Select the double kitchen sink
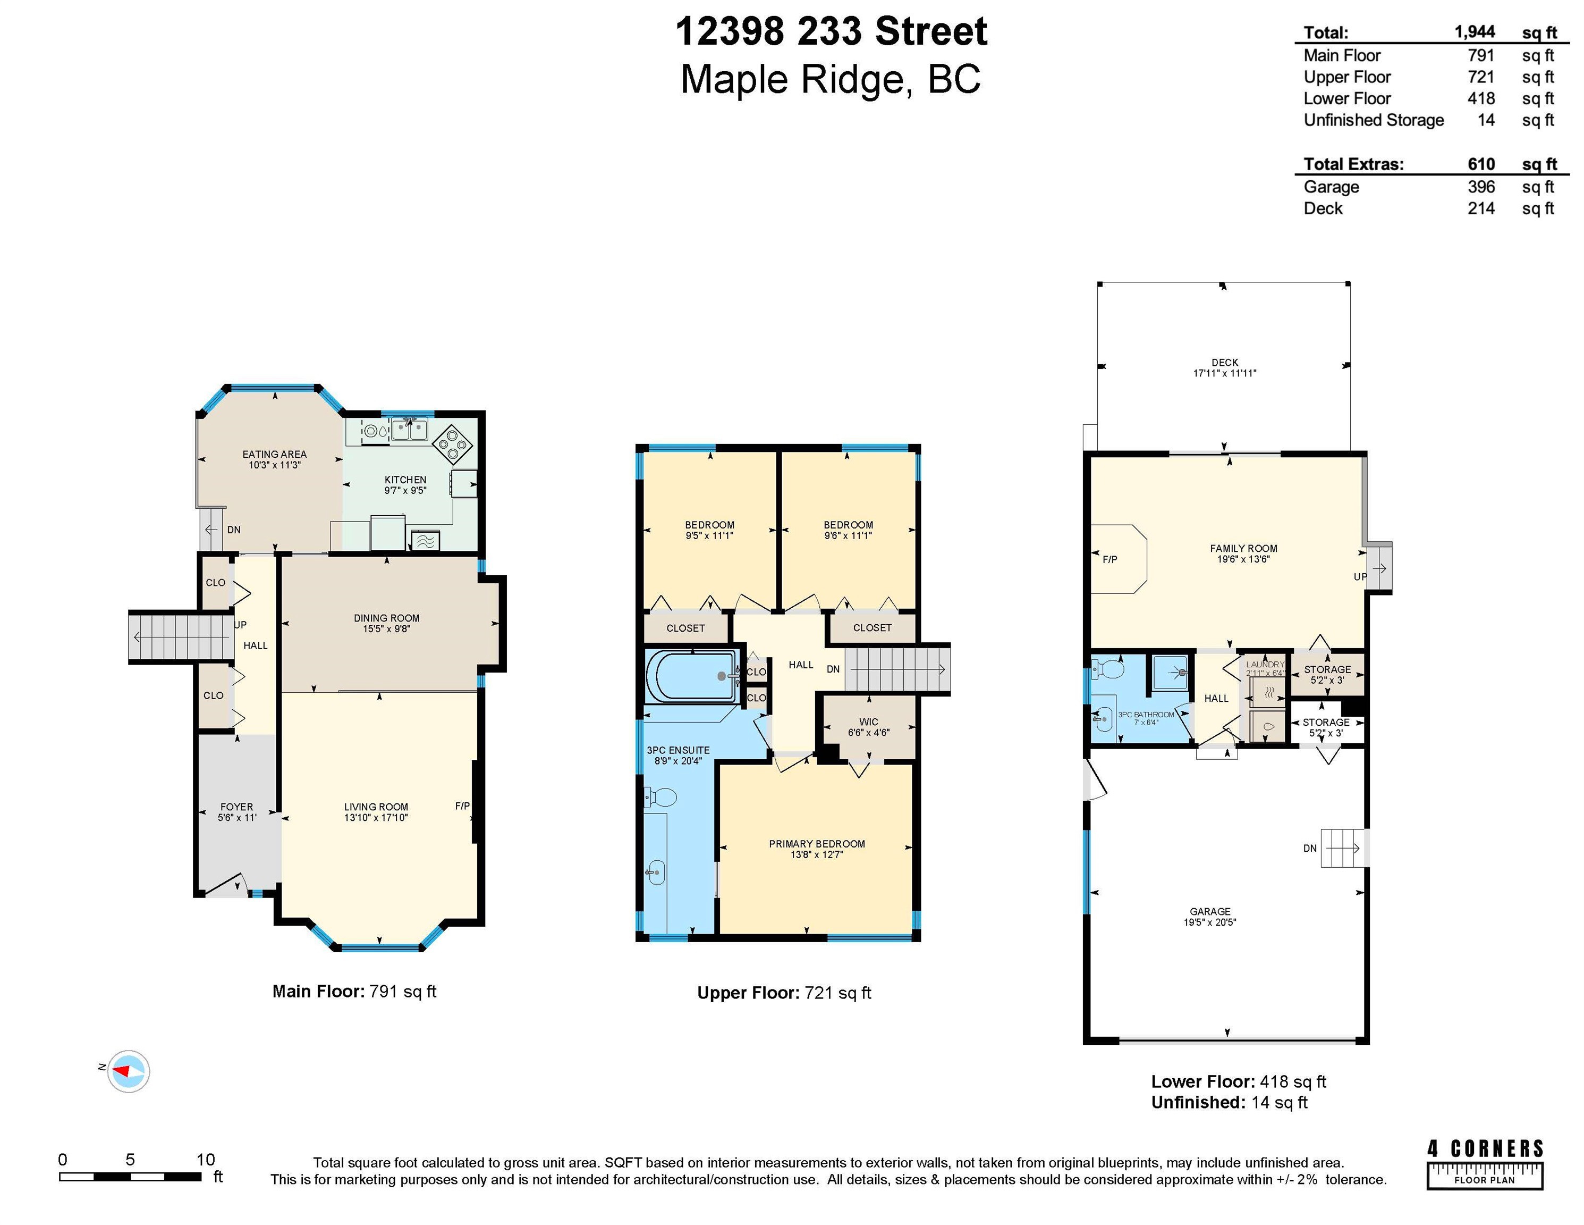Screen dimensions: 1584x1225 [x=410, y=430]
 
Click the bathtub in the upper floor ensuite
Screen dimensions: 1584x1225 [x=691, y=676]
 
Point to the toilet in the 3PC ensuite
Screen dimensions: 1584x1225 [x=660, y=798]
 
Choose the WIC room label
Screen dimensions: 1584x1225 [x=869, y=722]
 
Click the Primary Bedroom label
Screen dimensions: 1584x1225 [x=817, y=844]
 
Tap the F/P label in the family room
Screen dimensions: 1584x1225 [x=1109, y=559]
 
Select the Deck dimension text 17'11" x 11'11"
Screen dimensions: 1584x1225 [x=1225, y=373]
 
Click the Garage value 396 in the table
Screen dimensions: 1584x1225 [x=1481, y=187]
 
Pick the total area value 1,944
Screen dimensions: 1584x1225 [x=1475, y=32]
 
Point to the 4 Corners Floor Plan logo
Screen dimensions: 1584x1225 [x=1485, y=1164]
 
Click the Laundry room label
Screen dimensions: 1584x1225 [x=1265, y=664]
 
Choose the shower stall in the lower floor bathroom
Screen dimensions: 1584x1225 [x=1171, y=672]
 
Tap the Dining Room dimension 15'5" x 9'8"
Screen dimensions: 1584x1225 [x=387, y=629]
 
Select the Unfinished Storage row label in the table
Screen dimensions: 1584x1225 [x=1374, y=121]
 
